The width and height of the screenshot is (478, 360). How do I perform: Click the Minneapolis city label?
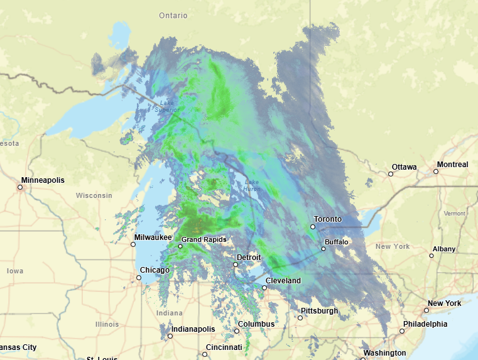coord(43,180)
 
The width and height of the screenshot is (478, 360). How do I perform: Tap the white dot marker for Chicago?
coord(139,277)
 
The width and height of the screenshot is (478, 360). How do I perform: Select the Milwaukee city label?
coord(153,237)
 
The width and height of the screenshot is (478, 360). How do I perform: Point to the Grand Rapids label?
coord(204,239)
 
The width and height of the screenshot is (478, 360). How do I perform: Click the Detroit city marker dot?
coord(236,265)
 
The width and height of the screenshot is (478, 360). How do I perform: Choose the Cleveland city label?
coord(283,280)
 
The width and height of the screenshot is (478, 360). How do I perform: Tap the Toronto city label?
coord(328,219)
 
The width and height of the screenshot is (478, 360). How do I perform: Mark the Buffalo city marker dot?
coord(323,249)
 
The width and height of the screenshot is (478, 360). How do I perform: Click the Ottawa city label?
coord(404,167)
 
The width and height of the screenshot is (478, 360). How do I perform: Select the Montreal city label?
coord(452,165)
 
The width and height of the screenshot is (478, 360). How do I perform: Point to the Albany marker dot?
coord(432,256)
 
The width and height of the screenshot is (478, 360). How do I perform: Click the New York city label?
coord(444,303)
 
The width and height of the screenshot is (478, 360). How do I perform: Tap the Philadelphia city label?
coord(425,324)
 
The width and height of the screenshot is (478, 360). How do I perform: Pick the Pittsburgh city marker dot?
coord(300,318)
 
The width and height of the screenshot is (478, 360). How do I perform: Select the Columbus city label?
coord(256,324)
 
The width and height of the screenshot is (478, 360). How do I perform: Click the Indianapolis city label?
coord(193,329)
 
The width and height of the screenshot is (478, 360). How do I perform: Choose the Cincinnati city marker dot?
coord(205,354)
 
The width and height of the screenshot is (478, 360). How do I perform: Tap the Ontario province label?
coord(173,15)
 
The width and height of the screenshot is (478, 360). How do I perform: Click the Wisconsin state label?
coord(94,195)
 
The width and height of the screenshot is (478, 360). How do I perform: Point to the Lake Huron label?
coord(252,185)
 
